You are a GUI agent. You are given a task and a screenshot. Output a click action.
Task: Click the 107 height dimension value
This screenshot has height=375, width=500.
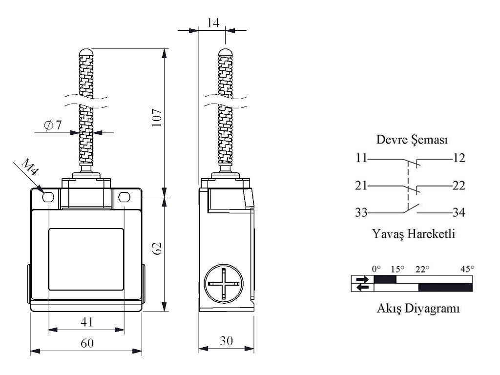[x=157, y=118]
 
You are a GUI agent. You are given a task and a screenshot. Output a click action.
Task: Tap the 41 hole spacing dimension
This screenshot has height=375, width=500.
[x=87, y=322]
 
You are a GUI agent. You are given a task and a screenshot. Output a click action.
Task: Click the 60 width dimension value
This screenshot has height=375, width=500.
[x=87, y=343]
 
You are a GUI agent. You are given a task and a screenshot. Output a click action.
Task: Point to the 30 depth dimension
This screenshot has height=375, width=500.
[x=227, y=341]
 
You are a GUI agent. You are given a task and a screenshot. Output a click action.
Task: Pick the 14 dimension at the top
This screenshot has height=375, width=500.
[x=213, y=23]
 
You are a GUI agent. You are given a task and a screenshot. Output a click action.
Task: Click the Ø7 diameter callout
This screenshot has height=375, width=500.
[x=53, y=125]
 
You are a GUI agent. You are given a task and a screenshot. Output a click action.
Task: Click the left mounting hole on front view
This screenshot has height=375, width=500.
[x=48, y=197]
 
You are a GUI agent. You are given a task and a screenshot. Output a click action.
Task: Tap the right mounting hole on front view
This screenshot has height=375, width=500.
[x=124, y=197]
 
